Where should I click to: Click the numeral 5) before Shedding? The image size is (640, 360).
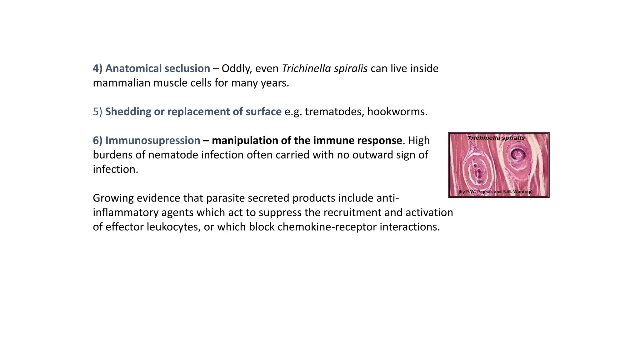tap(97, 112)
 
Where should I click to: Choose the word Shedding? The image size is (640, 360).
tap(128, 112)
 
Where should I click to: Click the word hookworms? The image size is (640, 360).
tap(397, 112)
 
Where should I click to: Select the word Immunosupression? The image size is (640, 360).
tap(152, 141)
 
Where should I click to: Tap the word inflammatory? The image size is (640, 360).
tap(125, 212)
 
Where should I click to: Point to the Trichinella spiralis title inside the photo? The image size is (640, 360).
tap(496, 138)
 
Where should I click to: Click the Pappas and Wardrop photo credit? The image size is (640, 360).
tap(496, 192)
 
